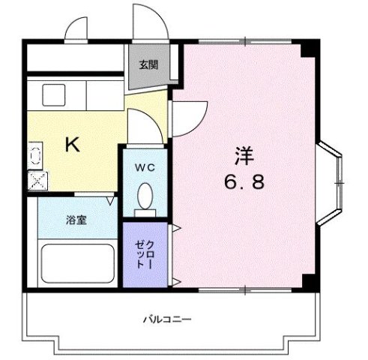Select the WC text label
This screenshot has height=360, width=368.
point(145,168)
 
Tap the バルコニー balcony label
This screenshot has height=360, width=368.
point(168,319)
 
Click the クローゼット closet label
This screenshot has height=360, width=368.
point(145,256)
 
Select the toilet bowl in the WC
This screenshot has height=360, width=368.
point(146,196)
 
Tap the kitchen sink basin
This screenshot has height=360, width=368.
point(54,95)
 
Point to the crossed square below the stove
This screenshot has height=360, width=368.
point(36,179)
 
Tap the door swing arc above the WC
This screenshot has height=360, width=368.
point(142,124)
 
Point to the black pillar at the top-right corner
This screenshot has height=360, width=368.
point(307,50)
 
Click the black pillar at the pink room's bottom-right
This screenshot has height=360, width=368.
point(307,281)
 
